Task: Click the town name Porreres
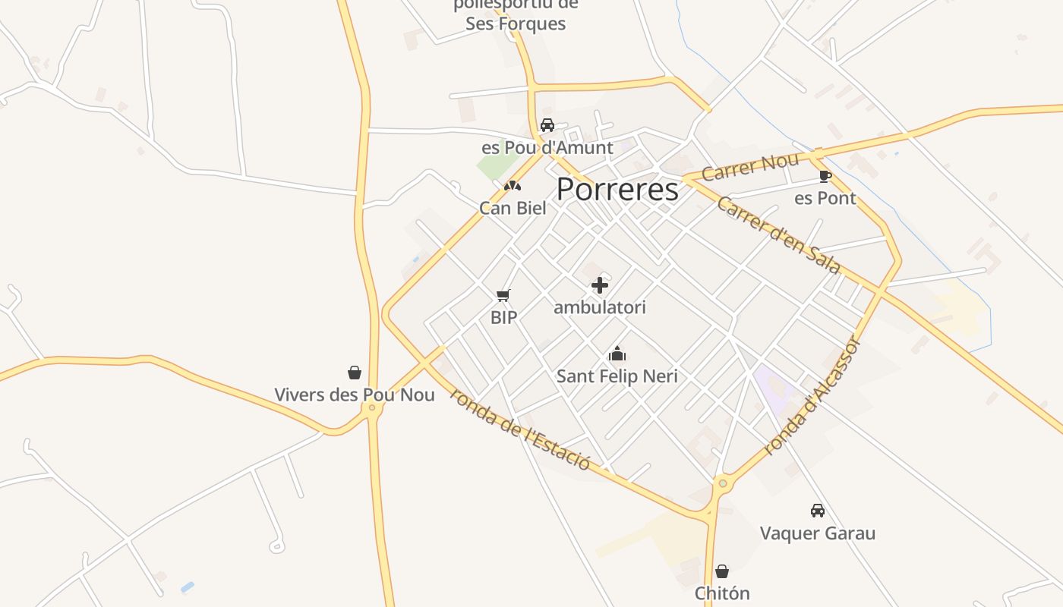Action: (617, 190)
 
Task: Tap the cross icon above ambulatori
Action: (600, 285)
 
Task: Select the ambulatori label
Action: (600, 307)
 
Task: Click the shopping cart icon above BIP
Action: (503, 295)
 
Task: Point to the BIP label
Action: (503, 317)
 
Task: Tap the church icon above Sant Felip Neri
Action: (617, 354)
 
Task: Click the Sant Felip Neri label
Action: (617, 376)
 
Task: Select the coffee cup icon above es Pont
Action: (825, 177)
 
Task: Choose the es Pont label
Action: (825, 199)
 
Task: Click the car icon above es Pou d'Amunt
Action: (547, 125)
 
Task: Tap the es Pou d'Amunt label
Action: (547, 147)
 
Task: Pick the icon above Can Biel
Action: (513, 186)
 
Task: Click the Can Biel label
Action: (513, 208)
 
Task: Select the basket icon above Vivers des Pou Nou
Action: (355, 373)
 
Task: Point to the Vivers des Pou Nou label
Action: (355, 395)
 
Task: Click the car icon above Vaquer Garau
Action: (818, 511)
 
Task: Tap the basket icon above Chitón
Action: (722, 571)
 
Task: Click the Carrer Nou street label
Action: (750, 167)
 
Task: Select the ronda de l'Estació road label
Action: (519, 428)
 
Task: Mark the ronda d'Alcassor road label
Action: (812, 396)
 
